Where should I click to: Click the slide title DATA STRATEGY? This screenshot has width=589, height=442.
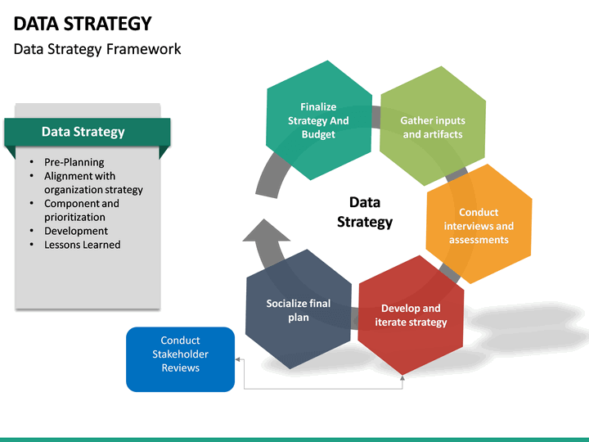(x=83, y=23)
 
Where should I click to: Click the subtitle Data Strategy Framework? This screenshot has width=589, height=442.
(x=97, y=49)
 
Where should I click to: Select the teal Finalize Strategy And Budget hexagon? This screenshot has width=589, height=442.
(x=318, y=120)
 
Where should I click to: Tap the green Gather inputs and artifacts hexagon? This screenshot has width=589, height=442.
(x=433, y=127)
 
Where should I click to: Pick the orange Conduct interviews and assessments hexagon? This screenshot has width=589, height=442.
(x=479, y=225)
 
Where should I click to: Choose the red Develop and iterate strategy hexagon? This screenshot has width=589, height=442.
(x=411, y=315)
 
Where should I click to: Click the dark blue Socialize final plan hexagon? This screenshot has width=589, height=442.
(x=299, y=309)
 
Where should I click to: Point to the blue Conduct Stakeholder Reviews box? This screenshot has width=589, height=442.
(x=180, y=354)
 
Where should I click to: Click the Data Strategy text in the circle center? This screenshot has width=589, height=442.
(x=365, y=211)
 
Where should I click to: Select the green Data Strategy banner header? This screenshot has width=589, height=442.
(x=83, y=132)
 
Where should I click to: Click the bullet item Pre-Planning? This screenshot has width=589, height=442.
(x=74, y=162)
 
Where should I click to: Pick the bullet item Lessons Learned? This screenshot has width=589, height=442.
(x=82, y=245)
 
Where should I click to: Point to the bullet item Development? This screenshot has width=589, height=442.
(x=76, y=231)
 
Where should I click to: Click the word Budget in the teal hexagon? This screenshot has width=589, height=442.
(x=318, y=134)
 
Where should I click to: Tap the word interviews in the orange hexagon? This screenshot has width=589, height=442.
(x=469, y=226)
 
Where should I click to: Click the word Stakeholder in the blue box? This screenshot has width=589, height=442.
(x=180, y=354)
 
